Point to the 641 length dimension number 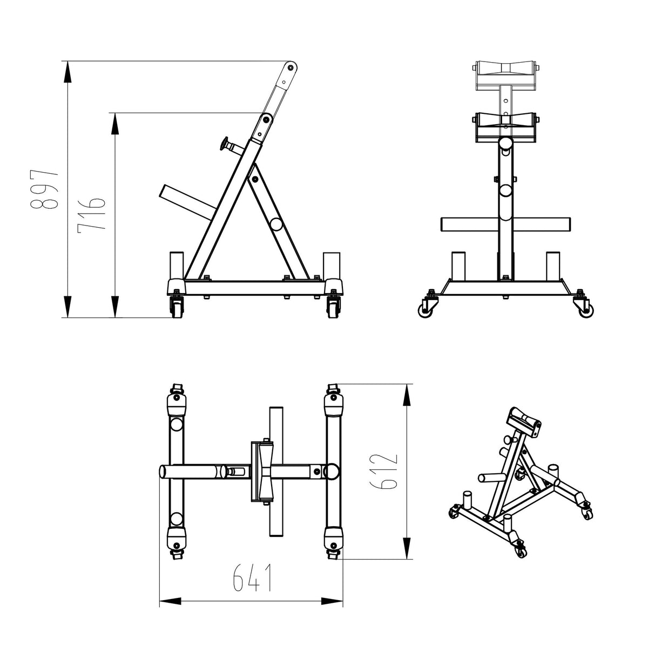(252, 579)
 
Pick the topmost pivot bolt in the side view (291, 68)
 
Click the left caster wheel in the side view (176, 308)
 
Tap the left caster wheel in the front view (424, 310)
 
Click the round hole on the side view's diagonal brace (276, 224)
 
